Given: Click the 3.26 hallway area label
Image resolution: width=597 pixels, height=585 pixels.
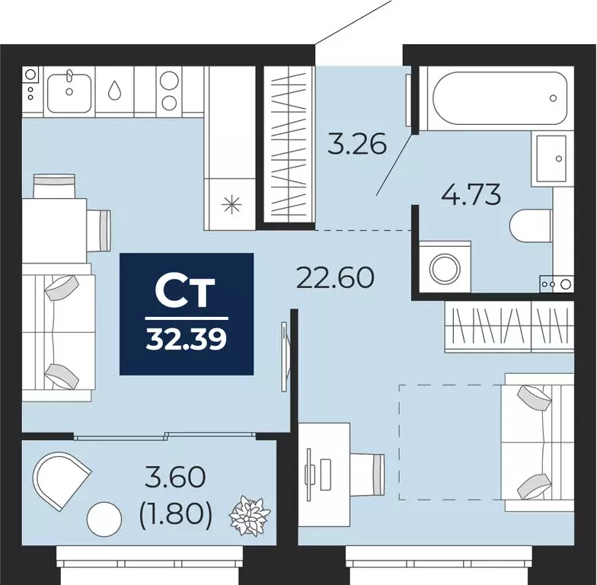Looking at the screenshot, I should [357, 143].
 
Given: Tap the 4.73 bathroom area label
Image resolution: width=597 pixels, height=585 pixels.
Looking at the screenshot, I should [471, 195].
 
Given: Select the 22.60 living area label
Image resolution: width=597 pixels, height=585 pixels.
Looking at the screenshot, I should [335, 277].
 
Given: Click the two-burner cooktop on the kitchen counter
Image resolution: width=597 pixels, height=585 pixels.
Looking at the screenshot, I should [168, 91].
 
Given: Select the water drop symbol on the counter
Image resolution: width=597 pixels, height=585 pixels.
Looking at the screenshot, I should [114, 91].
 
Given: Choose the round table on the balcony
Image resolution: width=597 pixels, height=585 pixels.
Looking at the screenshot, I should [104, 520].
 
